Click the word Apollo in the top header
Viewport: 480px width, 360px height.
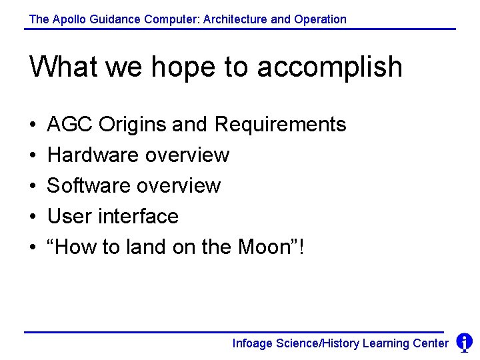point(67,19)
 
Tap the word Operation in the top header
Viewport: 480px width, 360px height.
point(320,19)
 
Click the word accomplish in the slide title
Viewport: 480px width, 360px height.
point(329,67)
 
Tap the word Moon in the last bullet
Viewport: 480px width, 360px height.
point(263,247)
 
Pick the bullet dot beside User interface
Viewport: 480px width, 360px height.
point(33,217)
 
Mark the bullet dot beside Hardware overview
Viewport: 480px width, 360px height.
point(33,155)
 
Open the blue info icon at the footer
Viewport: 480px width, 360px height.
point(464,343)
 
